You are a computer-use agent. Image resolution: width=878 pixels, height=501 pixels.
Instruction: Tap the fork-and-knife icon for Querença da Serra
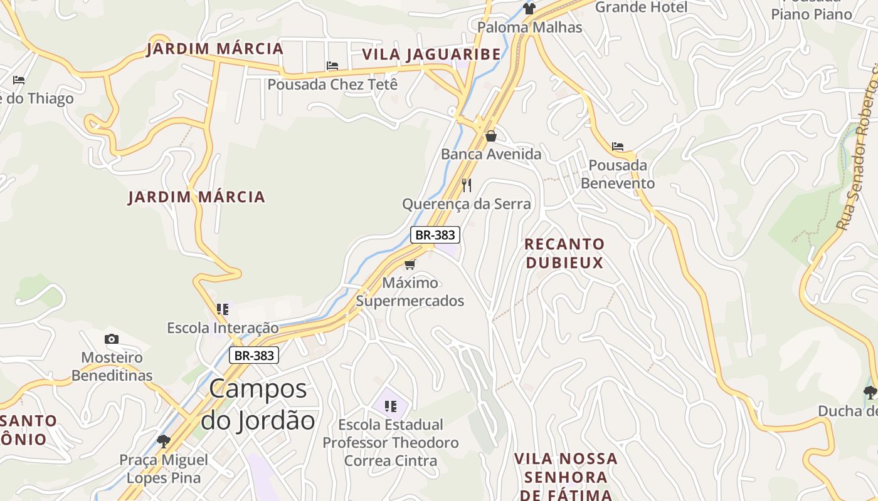pos(466,185)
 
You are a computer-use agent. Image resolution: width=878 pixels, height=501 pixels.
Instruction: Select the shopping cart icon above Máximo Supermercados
pos(410,264)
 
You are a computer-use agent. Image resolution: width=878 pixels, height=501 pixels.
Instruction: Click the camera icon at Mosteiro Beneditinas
pos(112,339)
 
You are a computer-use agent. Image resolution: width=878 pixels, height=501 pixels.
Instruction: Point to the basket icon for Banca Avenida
pos(491,136)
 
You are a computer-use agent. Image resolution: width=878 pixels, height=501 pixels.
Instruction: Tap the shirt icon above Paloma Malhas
pos(529,9)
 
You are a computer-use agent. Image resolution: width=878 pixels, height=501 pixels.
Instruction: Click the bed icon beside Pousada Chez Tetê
pos(332,66)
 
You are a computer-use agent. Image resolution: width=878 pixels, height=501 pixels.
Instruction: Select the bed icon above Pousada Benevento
pos(618,147)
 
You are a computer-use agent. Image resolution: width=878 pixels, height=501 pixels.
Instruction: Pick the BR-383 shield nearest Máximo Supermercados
pos(435,235)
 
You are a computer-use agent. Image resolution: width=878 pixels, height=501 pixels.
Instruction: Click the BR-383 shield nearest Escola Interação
pos(253,355)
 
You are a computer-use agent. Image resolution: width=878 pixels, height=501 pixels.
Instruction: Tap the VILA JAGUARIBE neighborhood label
pos(431,54)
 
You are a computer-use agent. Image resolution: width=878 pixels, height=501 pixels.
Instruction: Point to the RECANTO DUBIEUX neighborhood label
pos(564,253)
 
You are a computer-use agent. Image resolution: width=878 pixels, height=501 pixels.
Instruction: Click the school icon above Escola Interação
pos(223,309)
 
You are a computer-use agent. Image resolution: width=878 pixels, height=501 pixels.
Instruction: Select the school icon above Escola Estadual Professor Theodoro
pos(391,406)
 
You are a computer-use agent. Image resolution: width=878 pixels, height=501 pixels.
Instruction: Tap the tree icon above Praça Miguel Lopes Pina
pos(164,441)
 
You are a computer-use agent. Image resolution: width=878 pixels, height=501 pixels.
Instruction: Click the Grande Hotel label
pos(641,8)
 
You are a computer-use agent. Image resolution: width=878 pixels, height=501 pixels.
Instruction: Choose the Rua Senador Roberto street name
pos(858,150)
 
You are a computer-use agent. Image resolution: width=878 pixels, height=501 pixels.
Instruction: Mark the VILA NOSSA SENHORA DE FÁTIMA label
pos(566,477)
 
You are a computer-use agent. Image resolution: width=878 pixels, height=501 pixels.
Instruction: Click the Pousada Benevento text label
pos(618,174)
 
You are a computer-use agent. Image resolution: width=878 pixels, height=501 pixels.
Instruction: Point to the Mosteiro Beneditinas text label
pos(112,366)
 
